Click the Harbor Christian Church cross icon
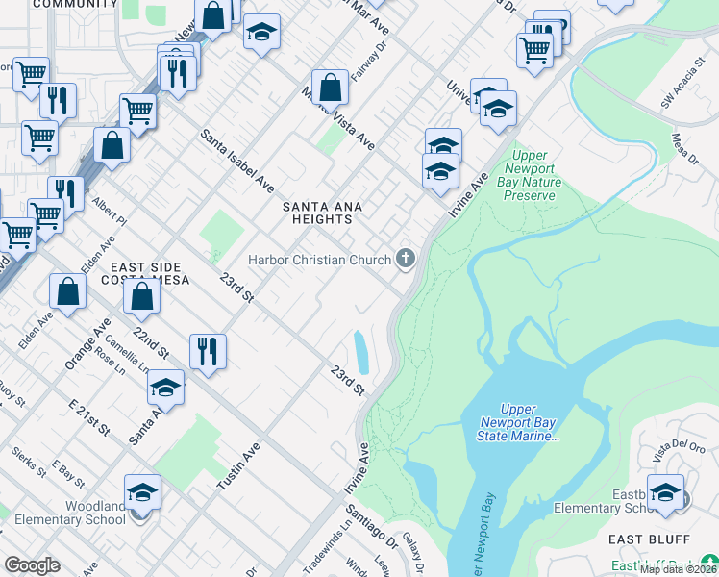coord(407,259)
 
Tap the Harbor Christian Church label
coord(319,260)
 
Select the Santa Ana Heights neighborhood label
coord(316,213)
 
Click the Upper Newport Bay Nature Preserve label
coord(529,175)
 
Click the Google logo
coord(32,565)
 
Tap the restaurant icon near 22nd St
coord(208,351)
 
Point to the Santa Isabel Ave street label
coord(237,161)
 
